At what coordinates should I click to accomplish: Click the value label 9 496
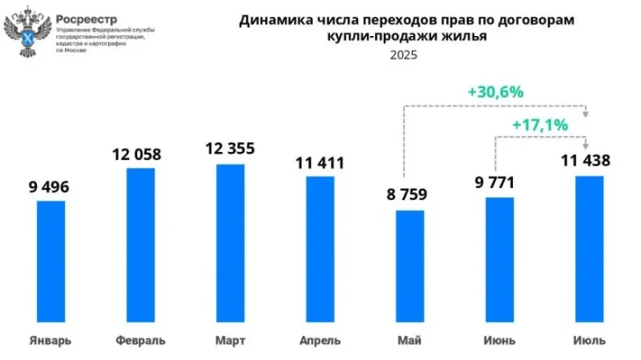(49, 187)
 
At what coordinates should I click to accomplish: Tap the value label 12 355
(228, 149)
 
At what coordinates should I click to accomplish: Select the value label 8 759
(409, 196)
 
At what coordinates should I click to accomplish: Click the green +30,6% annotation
(495, 91)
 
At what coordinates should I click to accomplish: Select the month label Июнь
(499, 341)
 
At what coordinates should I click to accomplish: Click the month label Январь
(50, 341)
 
